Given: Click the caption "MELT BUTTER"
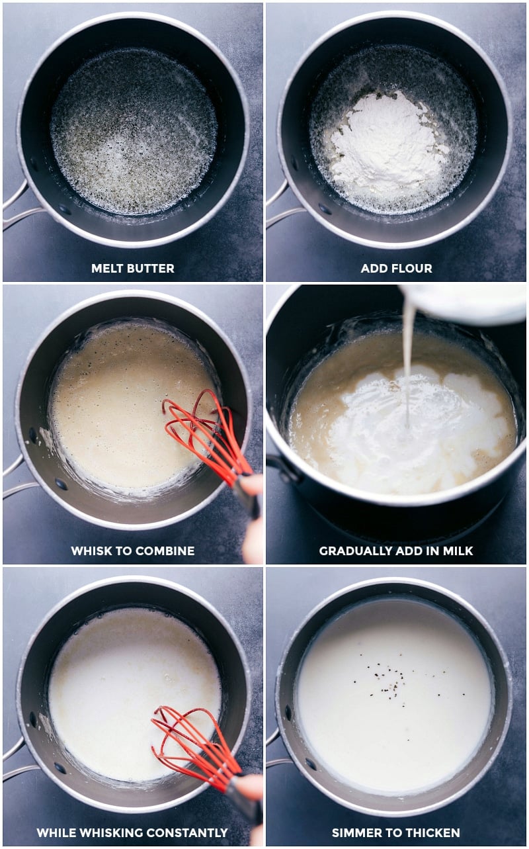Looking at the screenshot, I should (x=132, y=268).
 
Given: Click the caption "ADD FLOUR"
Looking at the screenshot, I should (x=396, y=268).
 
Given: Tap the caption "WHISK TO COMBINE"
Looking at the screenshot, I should (x=132, y=551).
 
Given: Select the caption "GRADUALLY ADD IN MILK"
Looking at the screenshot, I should (x=396, y=551).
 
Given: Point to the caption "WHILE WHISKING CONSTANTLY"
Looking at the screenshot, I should (x=132, y=832).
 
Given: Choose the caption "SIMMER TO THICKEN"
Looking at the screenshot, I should (x=396, y=832).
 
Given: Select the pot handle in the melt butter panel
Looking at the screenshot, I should (x=17, y=208).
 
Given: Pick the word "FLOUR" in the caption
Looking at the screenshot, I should (x=415, y=268).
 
